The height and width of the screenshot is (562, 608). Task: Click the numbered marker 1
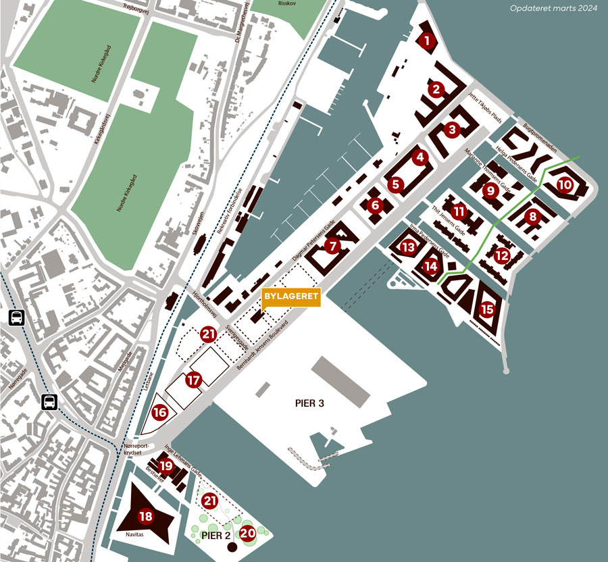(426, 41)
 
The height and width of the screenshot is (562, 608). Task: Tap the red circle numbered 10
(565, 184)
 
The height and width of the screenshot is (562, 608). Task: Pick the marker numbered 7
(332, 246)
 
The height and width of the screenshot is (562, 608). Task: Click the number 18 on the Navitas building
(146, 517)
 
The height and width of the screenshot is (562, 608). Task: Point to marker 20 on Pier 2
(248, 532)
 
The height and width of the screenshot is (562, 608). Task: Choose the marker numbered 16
(159, 411)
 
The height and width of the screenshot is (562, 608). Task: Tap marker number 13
(408, 247)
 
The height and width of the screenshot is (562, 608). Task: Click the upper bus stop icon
(16, 317)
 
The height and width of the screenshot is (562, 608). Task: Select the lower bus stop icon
(49, 402)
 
